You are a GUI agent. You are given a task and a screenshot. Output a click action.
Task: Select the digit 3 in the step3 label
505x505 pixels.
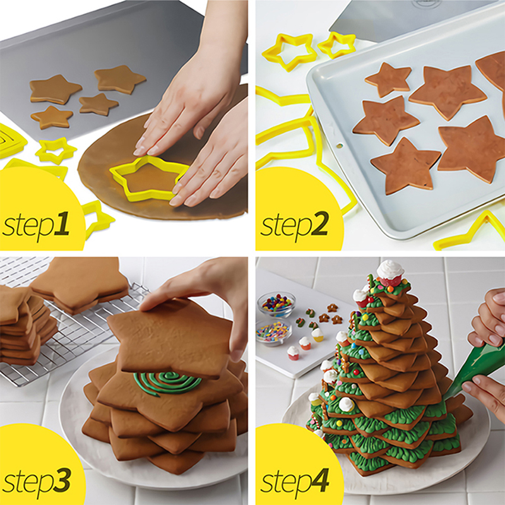(62, 480)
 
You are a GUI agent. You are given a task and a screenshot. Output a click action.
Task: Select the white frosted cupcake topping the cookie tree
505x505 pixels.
(390, 274)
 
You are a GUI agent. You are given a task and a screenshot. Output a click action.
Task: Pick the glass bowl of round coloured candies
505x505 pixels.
(276, 304)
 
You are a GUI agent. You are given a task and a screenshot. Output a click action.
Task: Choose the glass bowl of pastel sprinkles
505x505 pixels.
(274, 332)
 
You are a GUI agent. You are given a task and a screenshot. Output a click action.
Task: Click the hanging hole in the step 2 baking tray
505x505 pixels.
(339, 146)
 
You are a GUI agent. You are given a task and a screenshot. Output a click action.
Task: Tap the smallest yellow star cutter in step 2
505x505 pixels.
(337, 44)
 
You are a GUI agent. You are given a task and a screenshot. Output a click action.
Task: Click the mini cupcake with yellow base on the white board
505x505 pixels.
(318, 335)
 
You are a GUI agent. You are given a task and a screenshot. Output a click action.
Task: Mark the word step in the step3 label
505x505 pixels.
(27, 482)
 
